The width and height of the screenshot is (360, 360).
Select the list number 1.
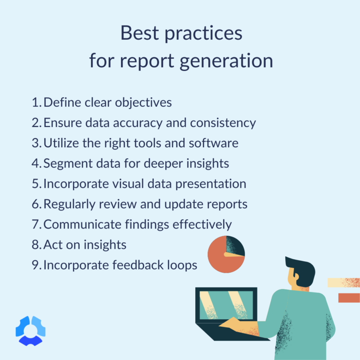36,102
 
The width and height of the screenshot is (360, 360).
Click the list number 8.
36,245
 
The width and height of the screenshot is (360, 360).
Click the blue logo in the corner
30,330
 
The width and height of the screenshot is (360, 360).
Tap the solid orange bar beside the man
348,298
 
